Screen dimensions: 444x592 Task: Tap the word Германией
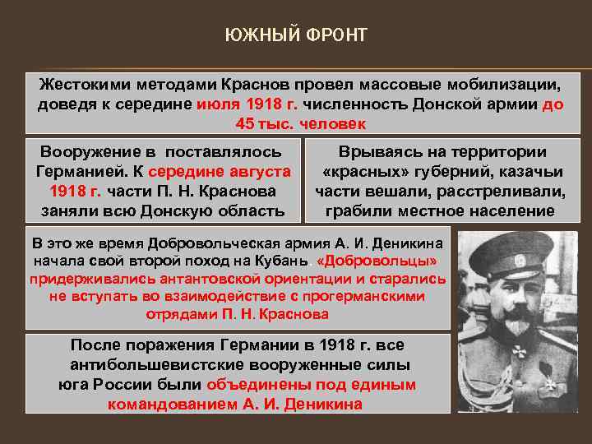pos(76,171)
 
